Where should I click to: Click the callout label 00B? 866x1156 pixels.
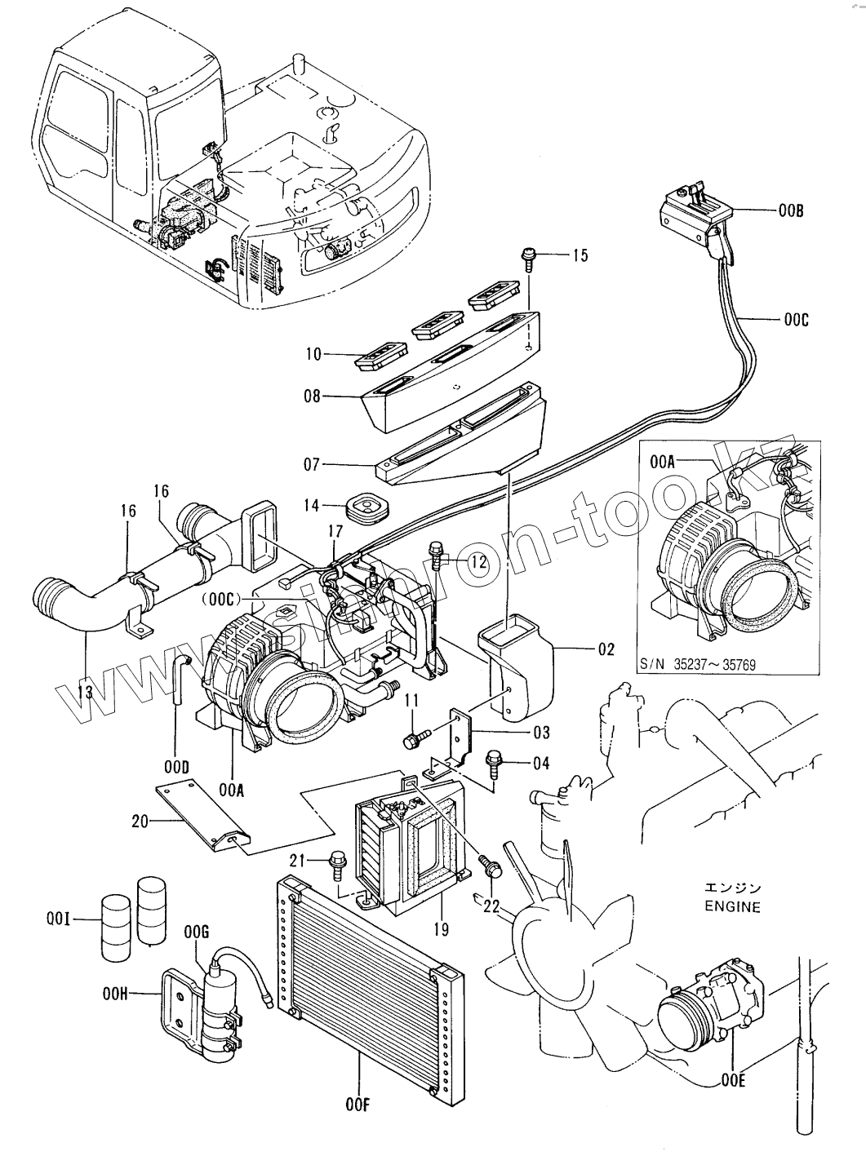(x=790, y=210)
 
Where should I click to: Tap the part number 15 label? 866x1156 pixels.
(x=579, y=256)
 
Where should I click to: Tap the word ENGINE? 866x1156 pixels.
(x=731, y=906)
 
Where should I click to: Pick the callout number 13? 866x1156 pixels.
(x=85, y=692)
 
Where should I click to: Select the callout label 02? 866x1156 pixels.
(x=605, y=649)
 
